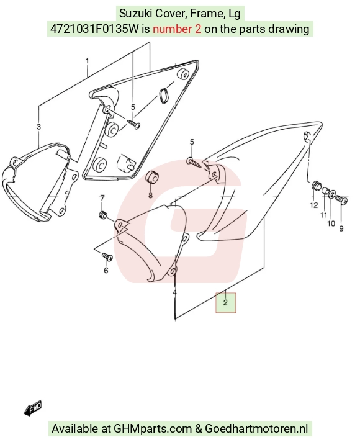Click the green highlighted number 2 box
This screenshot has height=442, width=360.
(225, 302)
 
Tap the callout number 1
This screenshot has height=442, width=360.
(88, 61)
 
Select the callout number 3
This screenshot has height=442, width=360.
(38, 127)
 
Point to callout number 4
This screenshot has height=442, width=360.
(174, 292)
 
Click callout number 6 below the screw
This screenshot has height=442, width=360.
(106, 270)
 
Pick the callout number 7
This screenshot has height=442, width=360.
(102, 198)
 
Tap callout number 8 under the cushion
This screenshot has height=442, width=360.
(151, 195)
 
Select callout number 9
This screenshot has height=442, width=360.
(341, 228)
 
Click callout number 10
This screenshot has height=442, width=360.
(331, 223)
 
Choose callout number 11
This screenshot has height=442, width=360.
(323, 215)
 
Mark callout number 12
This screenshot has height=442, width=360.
(314, 205)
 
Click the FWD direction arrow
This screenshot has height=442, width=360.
(33, 408)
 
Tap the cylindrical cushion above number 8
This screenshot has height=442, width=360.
(152, 178)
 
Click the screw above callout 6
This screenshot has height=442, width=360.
(107, 256)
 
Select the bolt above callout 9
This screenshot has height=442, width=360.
(341, 199)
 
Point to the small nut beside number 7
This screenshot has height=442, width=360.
(102, 215)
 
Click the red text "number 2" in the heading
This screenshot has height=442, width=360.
(177, 29)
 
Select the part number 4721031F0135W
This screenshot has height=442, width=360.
(94, 29)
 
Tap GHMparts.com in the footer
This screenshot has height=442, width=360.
(153, 429)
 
